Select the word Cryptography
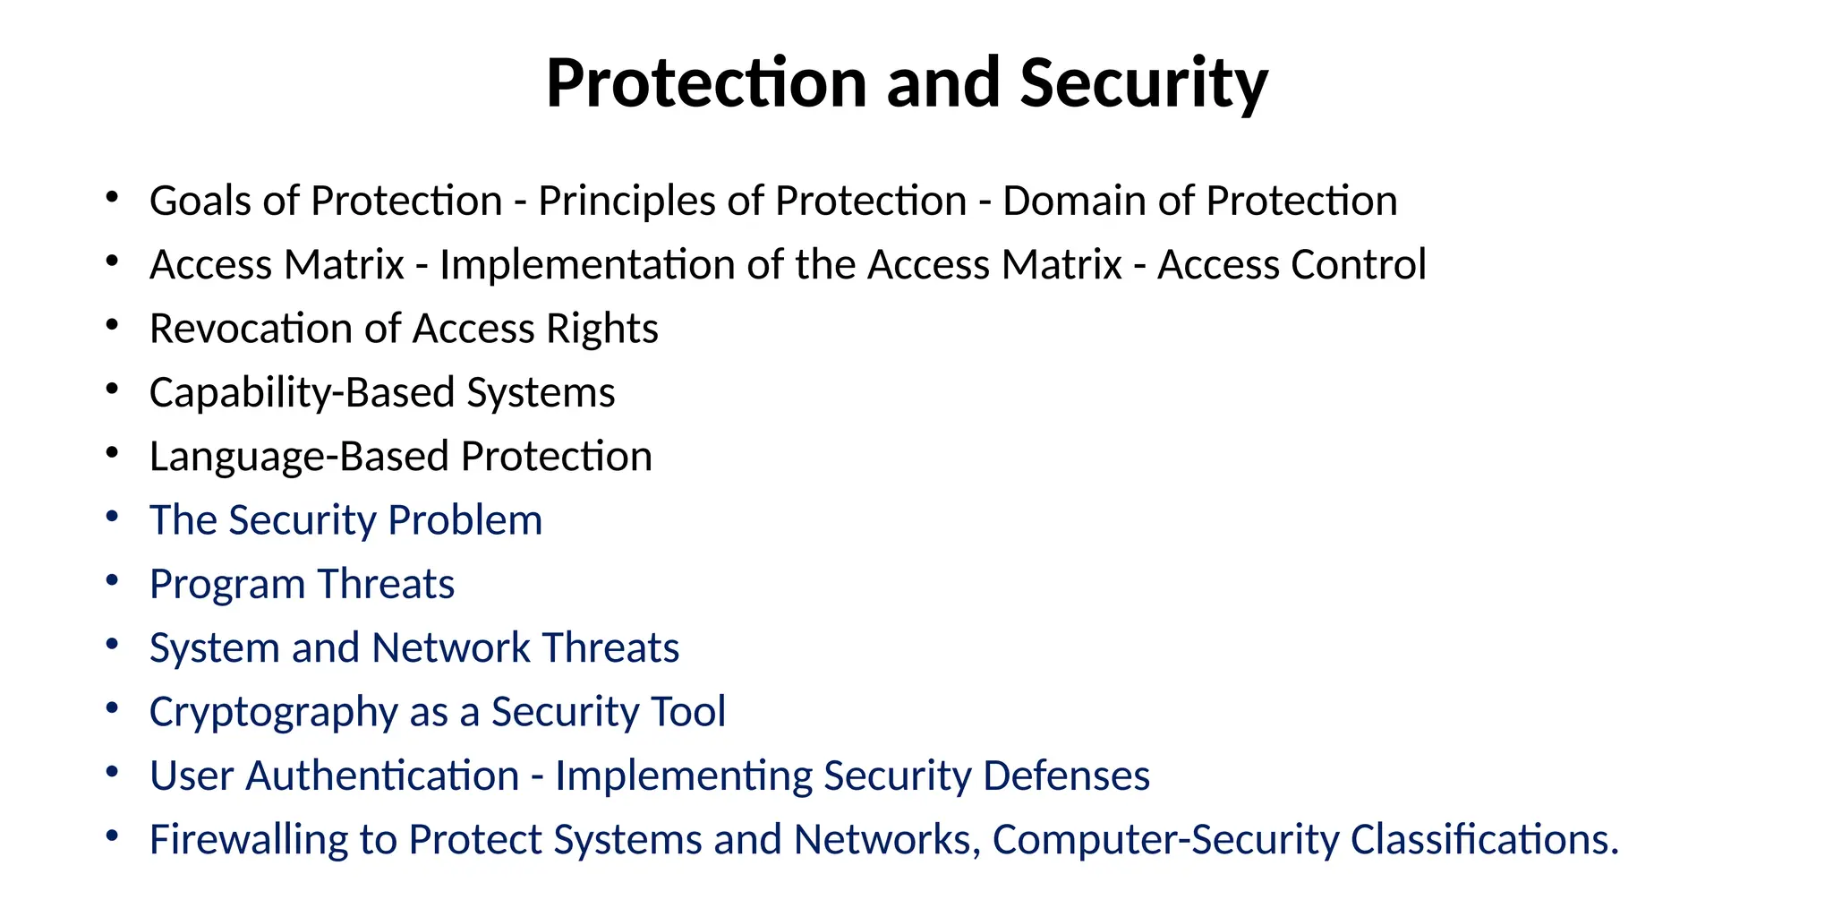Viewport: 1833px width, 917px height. pos(273,713)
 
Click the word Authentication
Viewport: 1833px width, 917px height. pos(382,776)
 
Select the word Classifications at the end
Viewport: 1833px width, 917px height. pos(1483,840)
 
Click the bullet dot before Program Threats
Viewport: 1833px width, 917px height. pos(112,581)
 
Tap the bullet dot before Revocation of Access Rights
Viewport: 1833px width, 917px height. pos(112,326)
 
